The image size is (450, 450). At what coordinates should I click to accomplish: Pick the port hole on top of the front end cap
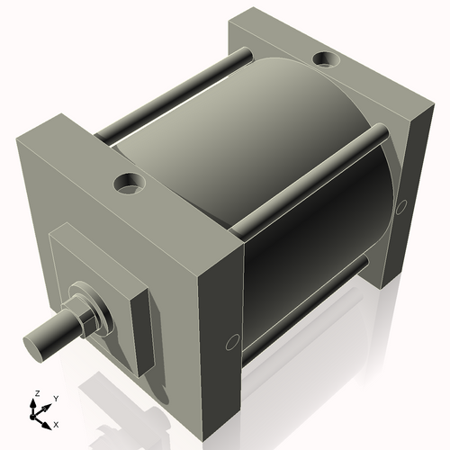click(x=130, y=184)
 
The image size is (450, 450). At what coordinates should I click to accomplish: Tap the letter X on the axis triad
click(x=56, y=423)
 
